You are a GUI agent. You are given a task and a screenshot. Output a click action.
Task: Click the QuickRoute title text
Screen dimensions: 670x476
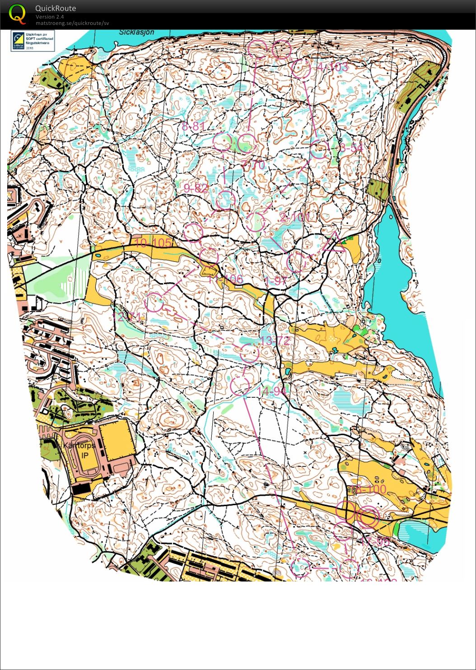56,8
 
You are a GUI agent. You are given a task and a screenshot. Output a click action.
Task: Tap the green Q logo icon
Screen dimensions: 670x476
17,14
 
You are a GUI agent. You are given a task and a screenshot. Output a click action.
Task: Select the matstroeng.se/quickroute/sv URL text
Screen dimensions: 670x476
72,23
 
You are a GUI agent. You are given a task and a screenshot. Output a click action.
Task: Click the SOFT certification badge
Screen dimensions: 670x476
33,41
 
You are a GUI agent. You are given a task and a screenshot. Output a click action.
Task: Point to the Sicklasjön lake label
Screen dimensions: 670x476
137,33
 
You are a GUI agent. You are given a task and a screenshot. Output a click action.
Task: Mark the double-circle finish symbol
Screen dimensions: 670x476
368,517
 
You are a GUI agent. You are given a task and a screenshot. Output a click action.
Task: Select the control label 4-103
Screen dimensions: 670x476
332,67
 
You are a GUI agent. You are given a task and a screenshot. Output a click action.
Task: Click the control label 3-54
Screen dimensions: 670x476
351,148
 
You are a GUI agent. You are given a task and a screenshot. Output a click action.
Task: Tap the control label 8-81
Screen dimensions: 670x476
193,126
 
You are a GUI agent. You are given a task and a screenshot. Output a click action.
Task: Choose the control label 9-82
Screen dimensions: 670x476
196,188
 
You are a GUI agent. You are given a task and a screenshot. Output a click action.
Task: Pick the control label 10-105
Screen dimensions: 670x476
153,243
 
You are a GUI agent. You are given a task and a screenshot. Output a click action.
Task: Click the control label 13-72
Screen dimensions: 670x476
275,340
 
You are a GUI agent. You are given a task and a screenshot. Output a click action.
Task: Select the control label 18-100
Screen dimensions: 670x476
369,489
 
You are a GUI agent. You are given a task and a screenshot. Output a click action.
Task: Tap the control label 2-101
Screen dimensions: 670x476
295,217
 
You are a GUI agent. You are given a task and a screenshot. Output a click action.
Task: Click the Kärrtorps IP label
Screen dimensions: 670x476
80,450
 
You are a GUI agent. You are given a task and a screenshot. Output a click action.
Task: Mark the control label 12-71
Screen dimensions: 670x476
129,317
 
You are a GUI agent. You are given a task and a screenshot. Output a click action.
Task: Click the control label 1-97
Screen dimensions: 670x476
276,281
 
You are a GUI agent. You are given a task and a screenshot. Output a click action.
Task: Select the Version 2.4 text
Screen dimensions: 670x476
50,17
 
